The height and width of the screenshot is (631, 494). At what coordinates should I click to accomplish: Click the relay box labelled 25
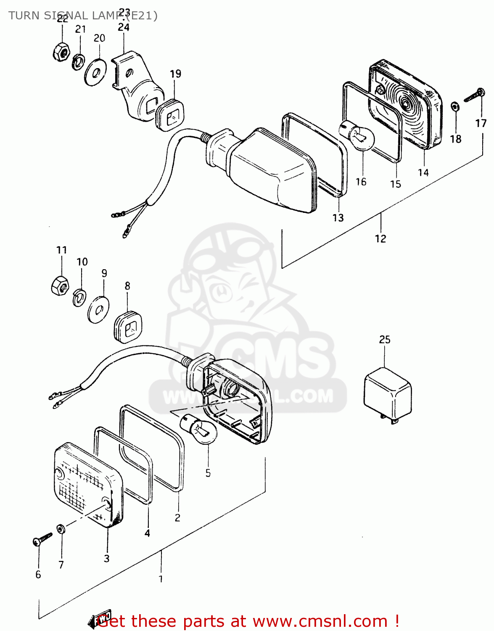click(x=387, y=395)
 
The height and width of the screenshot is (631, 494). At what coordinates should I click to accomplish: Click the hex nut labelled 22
click(x=61, y=52)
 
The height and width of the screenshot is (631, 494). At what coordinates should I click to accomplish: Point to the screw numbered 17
click(x=475, y=95)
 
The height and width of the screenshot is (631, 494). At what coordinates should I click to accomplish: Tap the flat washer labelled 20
click(x=95, y=72)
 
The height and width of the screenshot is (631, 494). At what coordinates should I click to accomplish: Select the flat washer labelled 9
click(x=98, y=310)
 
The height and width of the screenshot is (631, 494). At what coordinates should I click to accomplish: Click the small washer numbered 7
click(x=61, y=528)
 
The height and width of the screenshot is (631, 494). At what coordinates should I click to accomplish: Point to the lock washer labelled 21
click(x=78, y=62)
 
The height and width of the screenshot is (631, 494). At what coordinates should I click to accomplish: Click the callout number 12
click(x=380, y=239)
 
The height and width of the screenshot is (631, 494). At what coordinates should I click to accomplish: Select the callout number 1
click(x=161, y=579)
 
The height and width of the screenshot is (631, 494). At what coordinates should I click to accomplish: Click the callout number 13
click(x=338, y=217)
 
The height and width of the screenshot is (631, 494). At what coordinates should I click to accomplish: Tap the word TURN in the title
click(x=24, y=16)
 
